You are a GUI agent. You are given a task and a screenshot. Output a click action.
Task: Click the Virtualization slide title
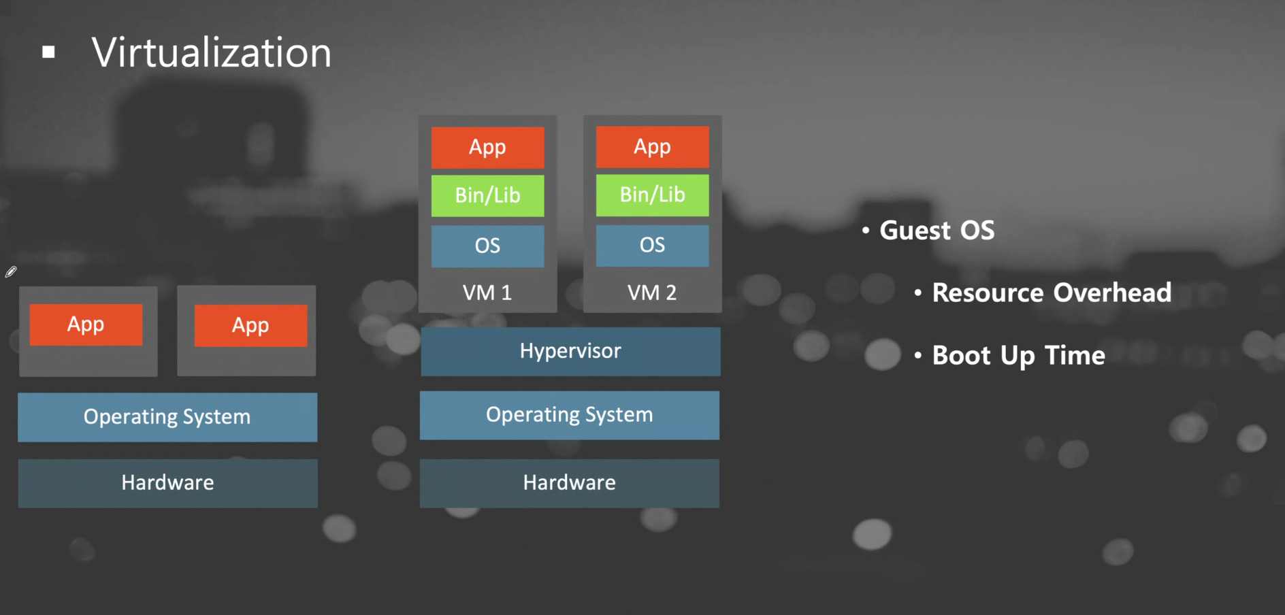pos(212,52)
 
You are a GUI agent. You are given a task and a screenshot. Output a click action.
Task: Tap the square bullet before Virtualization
pos(48,52)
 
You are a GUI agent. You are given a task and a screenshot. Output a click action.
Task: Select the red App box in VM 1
pos(487,147)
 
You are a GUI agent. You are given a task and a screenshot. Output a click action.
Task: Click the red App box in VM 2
pos(652,146)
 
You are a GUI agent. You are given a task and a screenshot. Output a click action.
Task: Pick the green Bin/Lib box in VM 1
pos(487,195)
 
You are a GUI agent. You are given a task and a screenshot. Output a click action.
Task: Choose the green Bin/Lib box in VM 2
pos(652,195)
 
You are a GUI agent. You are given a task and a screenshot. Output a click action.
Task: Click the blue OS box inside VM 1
pos(487,246)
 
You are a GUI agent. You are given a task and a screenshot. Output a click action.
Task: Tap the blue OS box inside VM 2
pos(652,245)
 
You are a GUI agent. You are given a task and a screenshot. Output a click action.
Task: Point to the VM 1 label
pos(487,293)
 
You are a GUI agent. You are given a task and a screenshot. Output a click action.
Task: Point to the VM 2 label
pos(652,293)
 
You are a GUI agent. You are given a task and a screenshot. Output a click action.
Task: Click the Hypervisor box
pos(570,351)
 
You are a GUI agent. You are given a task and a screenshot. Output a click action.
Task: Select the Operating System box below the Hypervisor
pos(569,415)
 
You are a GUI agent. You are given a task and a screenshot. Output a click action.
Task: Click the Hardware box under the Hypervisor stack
pos(569,483)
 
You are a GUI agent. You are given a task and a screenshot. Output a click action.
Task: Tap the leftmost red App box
pos(86,325)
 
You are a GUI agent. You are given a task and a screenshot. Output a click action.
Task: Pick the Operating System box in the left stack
pos(167,417)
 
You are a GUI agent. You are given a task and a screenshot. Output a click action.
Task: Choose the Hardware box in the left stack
pos(167,483)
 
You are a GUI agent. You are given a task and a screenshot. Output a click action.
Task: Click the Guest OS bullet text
pos(937,231)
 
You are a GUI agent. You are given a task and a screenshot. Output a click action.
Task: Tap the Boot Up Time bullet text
pos(1018,355)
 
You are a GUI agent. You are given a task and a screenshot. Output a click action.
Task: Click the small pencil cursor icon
pos(11,272)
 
